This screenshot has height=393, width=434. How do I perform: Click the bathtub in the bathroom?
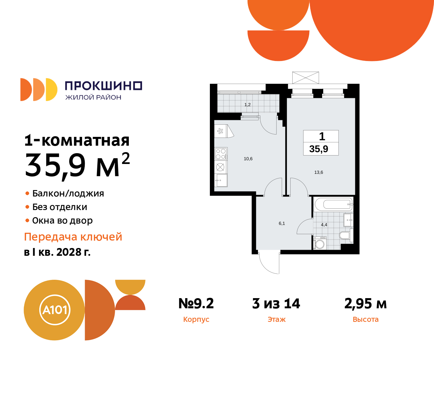(x=334, y=204)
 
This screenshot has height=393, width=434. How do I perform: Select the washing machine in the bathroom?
(x=320, y=243)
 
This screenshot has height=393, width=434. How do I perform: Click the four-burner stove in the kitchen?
(x=221, y=154)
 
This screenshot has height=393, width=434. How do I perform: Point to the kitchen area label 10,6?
(x=248, y=159)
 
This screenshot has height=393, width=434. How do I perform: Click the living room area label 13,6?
(x=319, y=172)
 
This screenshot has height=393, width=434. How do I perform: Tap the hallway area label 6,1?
(x=282, y=223)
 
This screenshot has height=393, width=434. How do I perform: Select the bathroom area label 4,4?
(x=324, y=225)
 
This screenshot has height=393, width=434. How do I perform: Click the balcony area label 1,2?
(x=248, y=105)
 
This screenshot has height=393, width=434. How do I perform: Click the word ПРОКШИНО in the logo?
(x=103, y=86)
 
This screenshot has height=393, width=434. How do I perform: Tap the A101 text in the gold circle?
(x=55, y=310)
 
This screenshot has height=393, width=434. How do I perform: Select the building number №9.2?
(x=196, y=304)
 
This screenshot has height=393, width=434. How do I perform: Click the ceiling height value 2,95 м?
(x=366, y=304)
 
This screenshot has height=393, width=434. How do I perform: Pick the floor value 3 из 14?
(x=276, y=304)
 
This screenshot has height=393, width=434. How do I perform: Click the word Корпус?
(x=196, y=319)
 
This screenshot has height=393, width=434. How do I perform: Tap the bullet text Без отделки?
(x=60, y=207)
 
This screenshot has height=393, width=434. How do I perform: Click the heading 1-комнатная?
(x=77, y=140)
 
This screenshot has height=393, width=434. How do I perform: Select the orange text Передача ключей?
(x=73, y=236)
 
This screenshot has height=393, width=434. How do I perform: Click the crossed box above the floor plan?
(x=305, y=78)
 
